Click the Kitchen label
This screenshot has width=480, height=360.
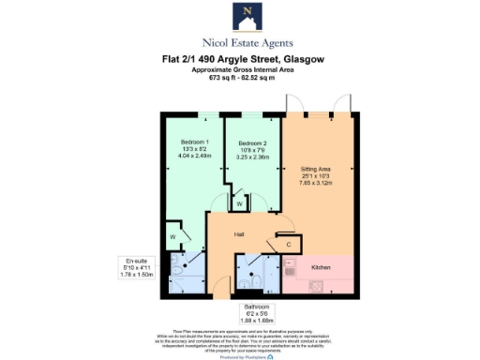click(x=320, y=267)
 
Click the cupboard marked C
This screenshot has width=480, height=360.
click(x=289, y=245)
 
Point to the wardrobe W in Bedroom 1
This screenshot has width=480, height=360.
click(x=174, y=238)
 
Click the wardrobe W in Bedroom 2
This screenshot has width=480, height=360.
click(x=241, y=202)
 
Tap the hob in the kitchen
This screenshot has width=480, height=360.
click(x=292, y=269)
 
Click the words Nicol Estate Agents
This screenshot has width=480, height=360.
click(x=247, y=42)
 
